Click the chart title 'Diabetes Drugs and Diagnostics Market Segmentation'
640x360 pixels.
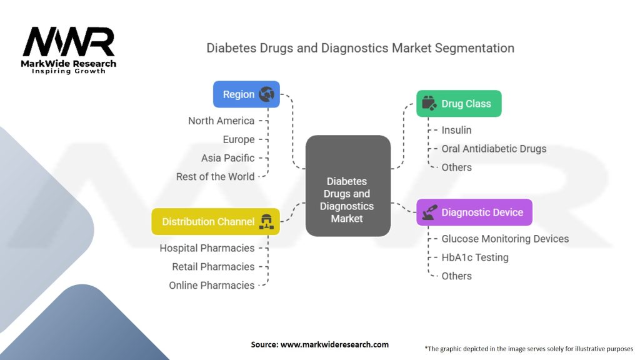[x=360, y=48]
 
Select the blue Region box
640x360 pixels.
[x=246, y=94]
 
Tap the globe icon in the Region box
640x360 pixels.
[x=267, y=94]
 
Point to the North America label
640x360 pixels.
[x=221, y=121]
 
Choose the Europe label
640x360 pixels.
[x=239, y=139]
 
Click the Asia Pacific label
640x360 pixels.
[x=228, y=158]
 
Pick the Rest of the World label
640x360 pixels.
[x=216, y=176]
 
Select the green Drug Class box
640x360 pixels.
[x=459, y=104]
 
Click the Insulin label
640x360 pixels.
[x=456, y=130]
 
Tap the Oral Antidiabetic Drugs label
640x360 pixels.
[x=494, y=149]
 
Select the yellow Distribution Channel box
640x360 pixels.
[x=216, y=222]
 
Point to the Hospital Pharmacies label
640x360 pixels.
[x=207, y=248]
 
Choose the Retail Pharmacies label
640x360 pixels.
[x=213, y=267]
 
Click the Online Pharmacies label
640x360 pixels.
[x=212, y=286]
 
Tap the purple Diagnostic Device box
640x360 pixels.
[x=474, y=212]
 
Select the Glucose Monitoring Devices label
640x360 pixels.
[x=505, y=239]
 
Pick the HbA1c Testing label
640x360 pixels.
[x=475, y=257]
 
